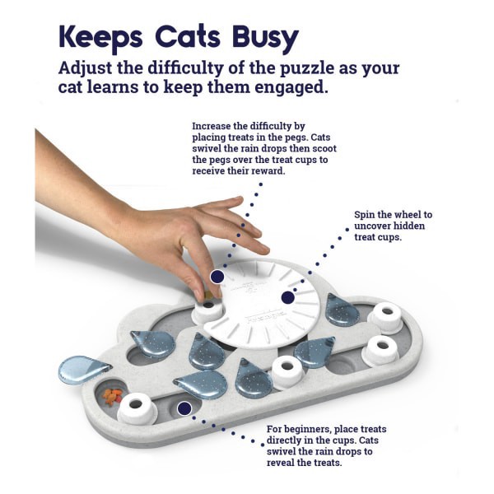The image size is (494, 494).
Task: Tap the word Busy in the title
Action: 263,37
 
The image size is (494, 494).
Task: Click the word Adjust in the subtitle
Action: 93,68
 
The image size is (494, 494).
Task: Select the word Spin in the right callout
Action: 366,215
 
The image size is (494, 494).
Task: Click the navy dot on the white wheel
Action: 287,297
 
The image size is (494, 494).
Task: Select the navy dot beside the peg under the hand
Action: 217,277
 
